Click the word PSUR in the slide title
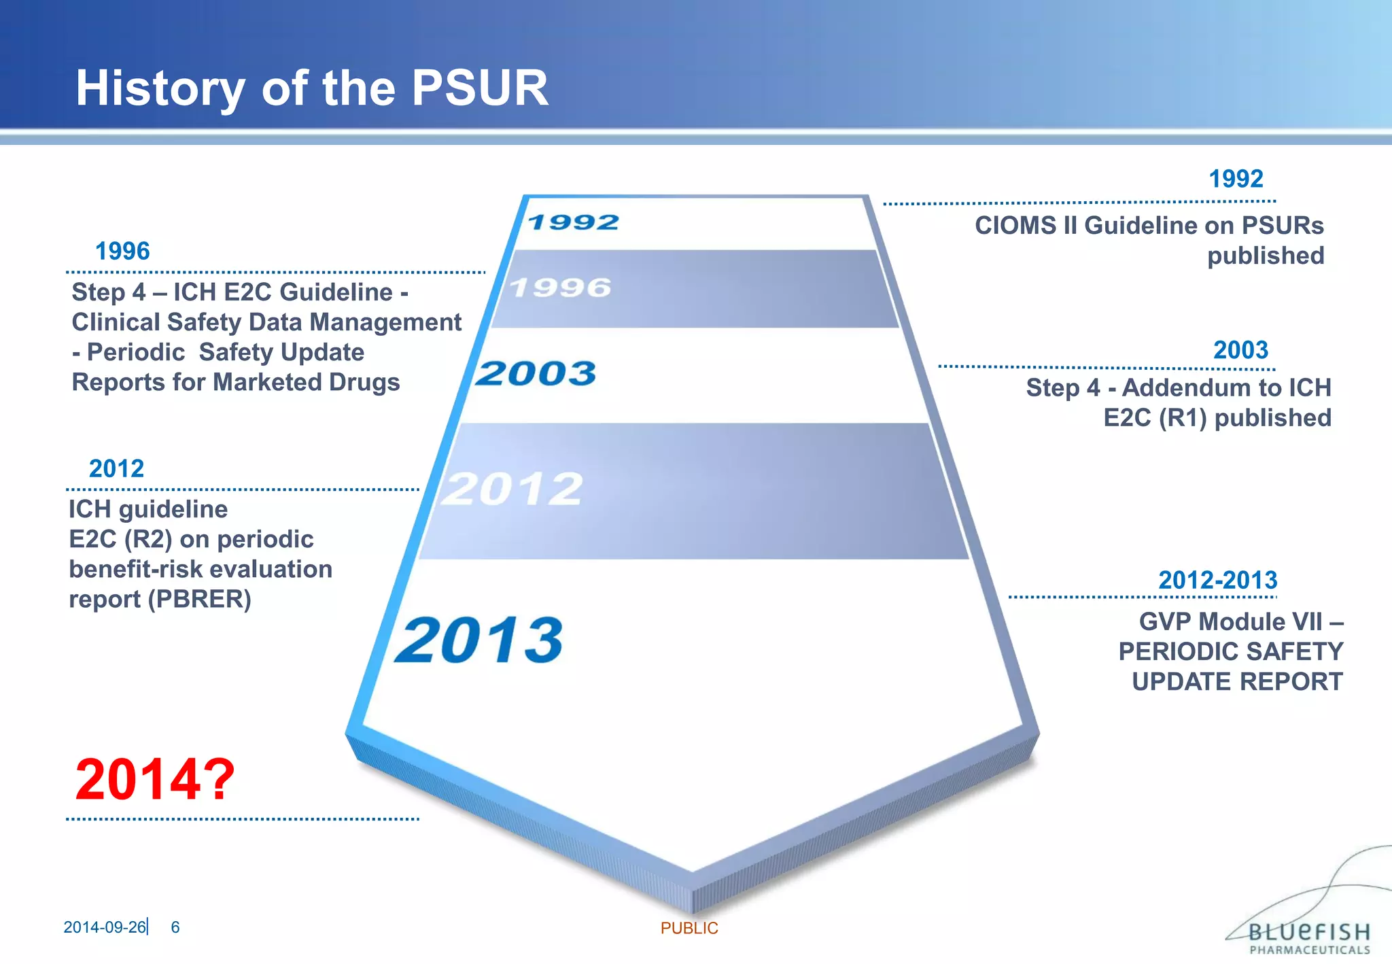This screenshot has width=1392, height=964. point(480,88)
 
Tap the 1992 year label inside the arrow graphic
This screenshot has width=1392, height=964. point(573,222)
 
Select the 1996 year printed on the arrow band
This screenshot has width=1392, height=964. point(561,288)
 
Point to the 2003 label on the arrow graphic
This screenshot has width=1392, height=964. point(536,373)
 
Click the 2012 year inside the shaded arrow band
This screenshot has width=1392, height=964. point(512,489)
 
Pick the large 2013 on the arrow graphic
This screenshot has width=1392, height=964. point(480,640)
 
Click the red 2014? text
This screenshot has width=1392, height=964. point(155,779)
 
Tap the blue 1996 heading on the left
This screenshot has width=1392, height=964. point(122,251)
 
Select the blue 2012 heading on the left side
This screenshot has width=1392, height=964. point(116,468)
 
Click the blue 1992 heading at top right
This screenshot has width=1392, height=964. point(1236,179)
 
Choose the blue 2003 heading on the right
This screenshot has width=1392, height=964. point(1240,350)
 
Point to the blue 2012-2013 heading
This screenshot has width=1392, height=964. point(1217,580)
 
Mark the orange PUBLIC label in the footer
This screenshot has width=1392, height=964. point(689,928)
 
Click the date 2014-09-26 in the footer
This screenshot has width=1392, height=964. point(105,927)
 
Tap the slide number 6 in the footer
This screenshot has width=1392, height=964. point(175,927)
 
